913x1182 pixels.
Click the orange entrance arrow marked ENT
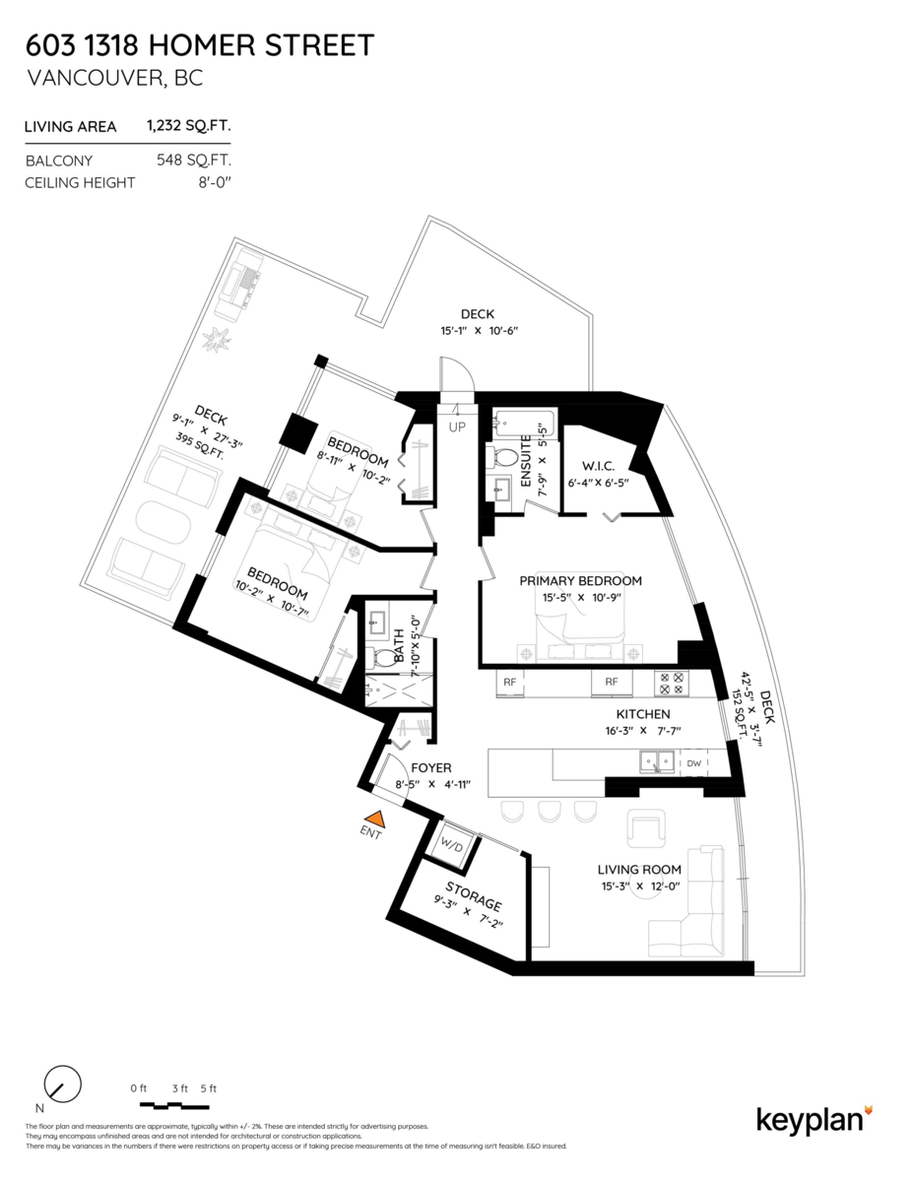click(374, 818)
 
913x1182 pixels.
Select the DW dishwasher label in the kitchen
click(693, 762)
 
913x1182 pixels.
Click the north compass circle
click(63, 1084)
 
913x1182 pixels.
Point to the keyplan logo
click(814, 1120)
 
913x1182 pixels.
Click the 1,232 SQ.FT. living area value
click(189, 126)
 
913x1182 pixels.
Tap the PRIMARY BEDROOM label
click(581, 581)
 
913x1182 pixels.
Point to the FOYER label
click(431, 766)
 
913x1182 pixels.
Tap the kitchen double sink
click(655, 760)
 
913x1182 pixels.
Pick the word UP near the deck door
click(457, 427)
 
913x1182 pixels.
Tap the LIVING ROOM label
click(640, 870)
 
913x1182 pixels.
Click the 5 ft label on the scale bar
click(208, 1088)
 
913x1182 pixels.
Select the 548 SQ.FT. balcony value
click(193, 160)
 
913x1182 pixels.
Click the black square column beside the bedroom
click(294, 432)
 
